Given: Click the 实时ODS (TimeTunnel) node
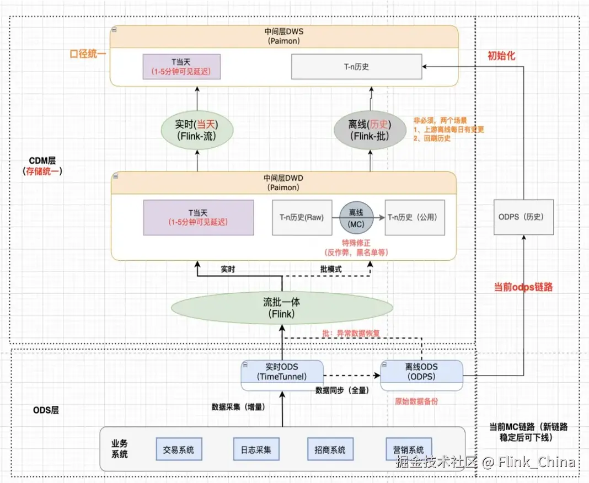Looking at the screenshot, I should click(x=282, y=372).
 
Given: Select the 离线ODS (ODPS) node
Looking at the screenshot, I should click(x=422, y=372).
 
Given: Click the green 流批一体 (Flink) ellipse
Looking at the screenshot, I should click(x=282, y=308).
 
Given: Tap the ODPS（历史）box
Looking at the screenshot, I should click(x=523, y=217).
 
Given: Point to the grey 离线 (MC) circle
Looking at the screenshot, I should click(x=356, y=217).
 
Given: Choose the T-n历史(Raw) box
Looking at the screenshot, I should click(x=302, y=217).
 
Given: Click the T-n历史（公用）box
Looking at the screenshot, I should click(x=415, y=217).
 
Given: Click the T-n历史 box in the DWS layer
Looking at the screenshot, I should click(x=356, y=67).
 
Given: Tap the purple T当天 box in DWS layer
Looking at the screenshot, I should click(x=181, y=66).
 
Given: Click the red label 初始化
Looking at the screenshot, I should click(x=501, y=56).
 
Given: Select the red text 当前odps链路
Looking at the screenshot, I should click(x=523, y=287).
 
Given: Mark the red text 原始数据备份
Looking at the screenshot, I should click(x=416, y=401).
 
